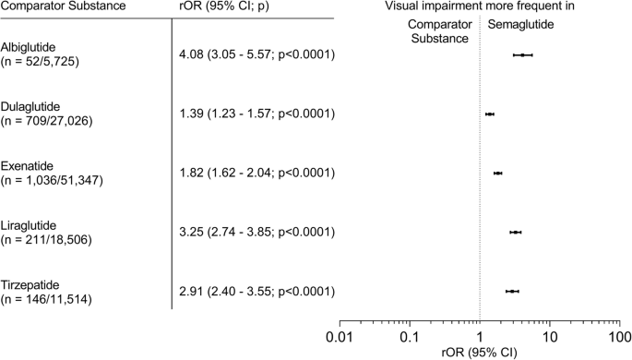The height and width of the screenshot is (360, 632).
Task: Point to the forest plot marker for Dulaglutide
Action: point(490,114)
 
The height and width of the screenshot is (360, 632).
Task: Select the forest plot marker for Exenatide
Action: point(498,173)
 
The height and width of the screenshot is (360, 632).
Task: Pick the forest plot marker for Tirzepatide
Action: point(512,291)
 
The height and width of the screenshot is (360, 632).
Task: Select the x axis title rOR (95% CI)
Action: point(480,351)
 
